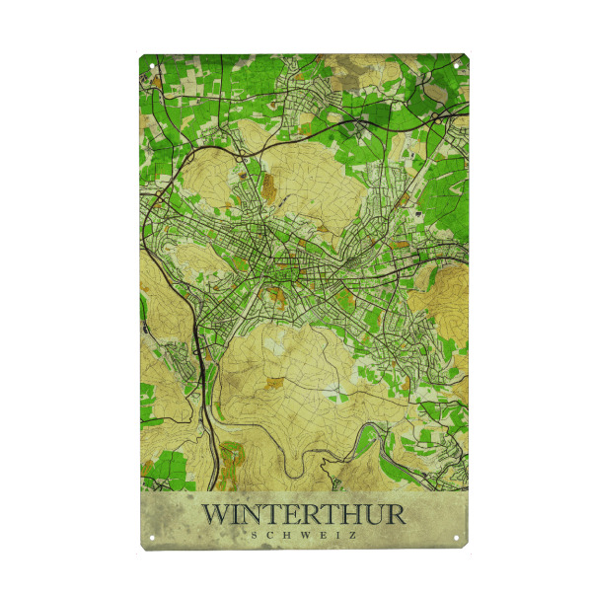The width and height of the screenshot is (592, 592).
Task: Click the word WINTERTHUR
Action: (303, 515)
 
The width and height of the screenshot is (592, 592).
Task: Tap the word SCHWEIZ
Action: (303, 535)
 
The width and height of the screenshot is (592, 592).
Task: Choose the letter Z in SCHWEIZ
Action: (351, 535)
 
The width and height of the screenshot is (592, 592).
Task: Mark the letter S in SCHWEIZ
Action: (255, 535)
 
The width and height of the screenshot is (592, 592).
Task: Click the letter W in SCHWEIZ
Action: (302, 535)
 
